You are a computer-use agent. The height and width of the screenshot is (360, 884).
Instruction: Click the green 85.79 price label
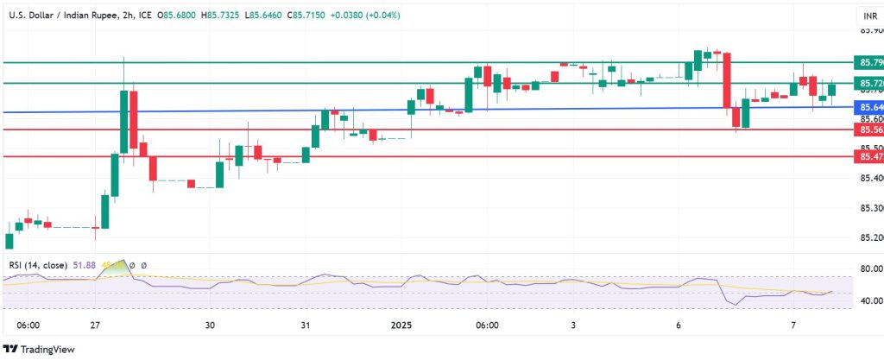click(868, 63)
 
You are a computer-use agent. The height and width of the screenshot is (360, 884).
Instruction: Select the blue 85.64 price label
click(868, 108)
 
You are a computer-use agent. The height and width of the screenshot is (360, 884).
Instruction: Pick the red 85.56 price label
click(868, 129)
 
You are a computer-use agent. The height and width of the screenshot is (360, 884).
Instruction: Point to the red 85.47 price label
click(868, 156)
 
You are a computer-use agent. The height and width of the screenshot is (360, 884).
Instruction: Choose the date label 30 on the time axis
click(210, 325)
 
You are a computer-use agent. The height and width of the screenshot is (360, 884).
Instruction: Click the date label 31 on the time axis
click(306, 325)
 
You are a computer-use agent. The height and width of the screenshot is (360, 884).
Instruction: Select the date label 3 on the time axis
click(573, 325)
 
